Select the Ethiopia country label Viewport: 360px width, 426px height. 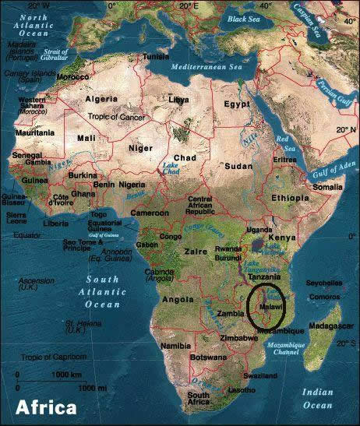[x=291, y=199]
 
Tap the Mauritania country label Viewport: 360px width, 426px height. [x=23, y=134]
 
